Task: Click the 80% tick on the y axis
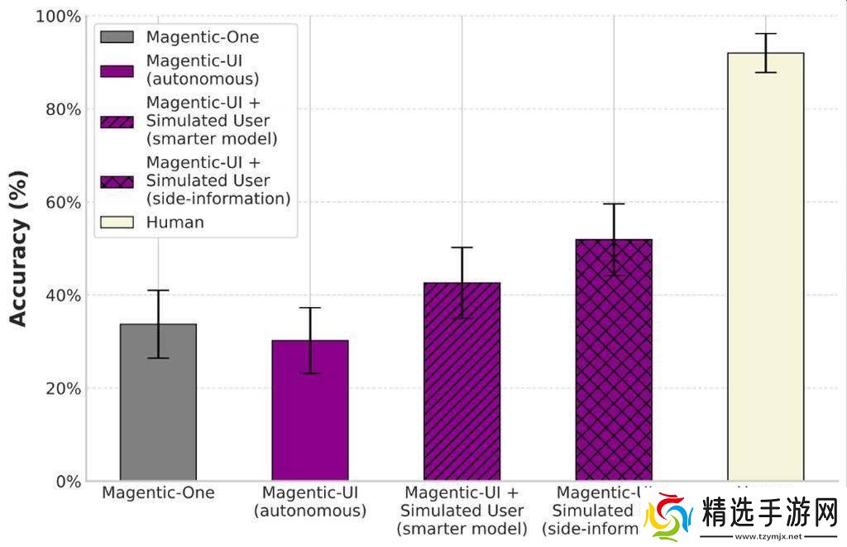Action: point(63,109)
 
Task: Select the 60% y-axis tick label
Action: point(63,203)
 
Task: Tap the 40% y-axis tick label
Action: point(63,295)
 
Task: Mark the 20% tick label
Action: point(63,388)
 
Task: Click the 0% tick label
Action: point(67,482)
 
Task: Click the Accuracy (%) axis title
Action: point(18,248)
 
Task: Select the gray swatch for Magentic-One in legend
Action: point(116,36)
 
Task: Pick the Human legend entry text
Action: point(175,222)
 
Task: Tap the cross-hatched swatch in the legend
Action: point(116,180)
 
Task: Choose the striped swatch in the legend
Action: point(116,121)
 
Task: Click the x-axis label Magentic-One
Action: point(158,493)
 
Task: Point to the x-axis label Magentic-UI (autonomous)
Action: point(309,501)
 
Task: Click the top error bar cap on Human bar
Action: point(765,34)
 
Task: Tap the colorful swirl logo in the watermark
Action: point(668,519)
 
